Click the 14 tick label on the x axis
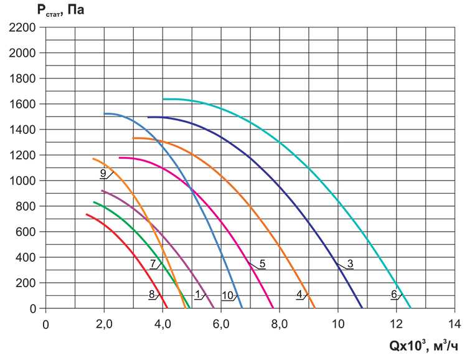coord(455,324)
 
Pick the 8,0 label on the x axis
coord(280,324)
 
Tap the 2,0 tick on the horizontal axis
coord(104,324)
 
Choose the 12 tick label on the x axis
coord(396,324)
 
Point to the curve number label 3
coord(350,263)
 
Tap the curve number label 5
coord(262,263)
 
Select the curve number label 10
coord(227,295)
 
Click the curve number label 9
coord(103,173)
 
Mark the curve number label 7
coord(152,263)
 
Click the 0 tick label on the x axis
coord(45,324)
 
